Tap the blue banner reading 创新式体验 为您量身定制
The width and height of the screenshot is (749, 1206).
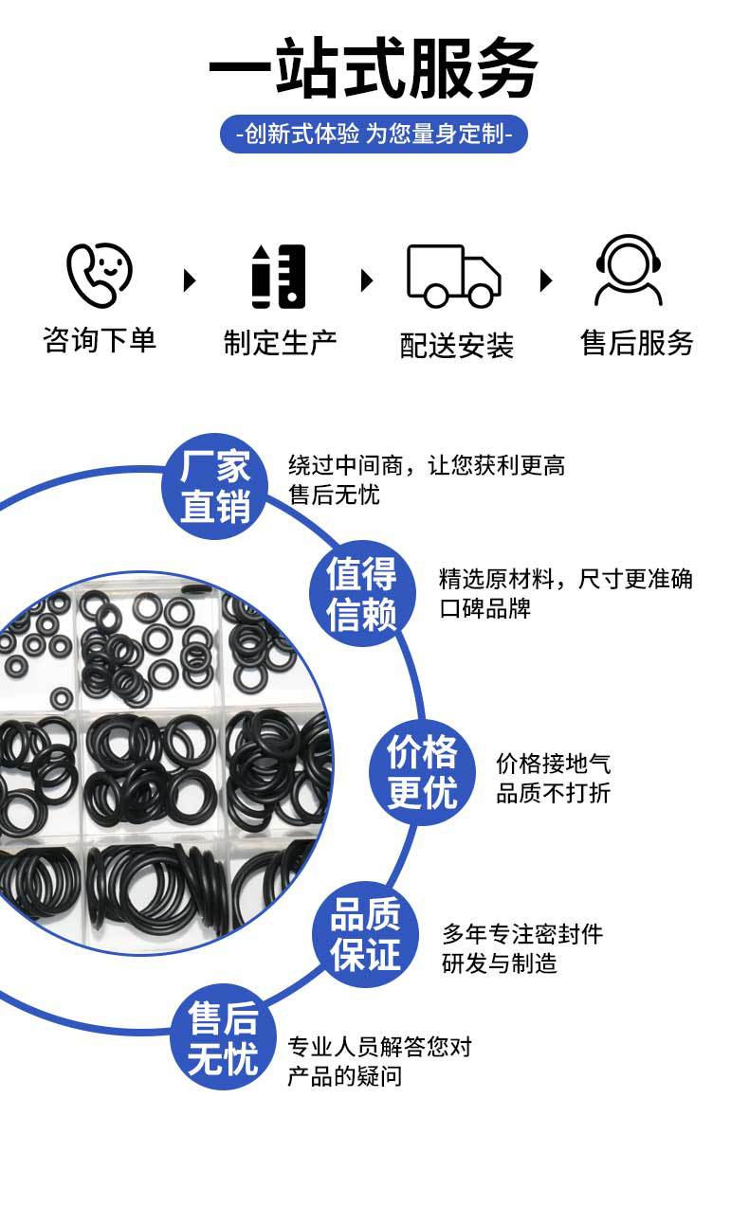374,134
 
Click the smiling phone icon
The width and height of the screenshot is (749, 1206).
100,275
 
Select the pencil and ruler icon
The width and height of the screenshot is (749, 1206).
279,277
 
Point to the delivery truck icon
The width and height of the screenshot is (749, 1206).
454,276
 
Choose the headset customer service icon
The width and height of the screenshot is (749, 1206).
629,270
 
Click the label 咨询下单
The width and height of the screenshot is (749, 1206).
100,340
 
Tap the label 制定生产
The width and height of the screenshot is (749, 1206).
281,342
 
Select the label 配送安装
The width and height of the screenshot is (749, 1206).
457,345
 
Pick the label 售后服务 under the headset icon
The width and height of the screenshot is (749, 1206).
637,342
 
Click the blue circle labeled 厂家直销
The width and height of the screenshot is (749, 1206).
215,486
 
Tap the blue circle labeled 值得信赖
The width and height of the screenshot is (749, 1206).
362,593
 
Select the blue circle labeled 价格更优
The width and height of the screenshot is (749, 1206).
422,773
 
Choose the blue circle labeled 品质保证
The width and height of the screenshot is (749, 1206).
365,934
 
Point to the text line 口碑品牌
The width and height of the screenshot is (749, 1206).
485,608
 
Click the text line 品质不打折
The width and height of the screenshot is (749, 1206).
554,793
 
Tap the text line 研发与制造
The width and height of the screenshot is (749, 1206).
499,963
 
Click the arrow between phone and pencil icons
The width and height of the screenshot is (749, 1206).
190,280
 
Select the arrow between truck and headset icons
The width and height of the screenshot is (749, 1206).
546,280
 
